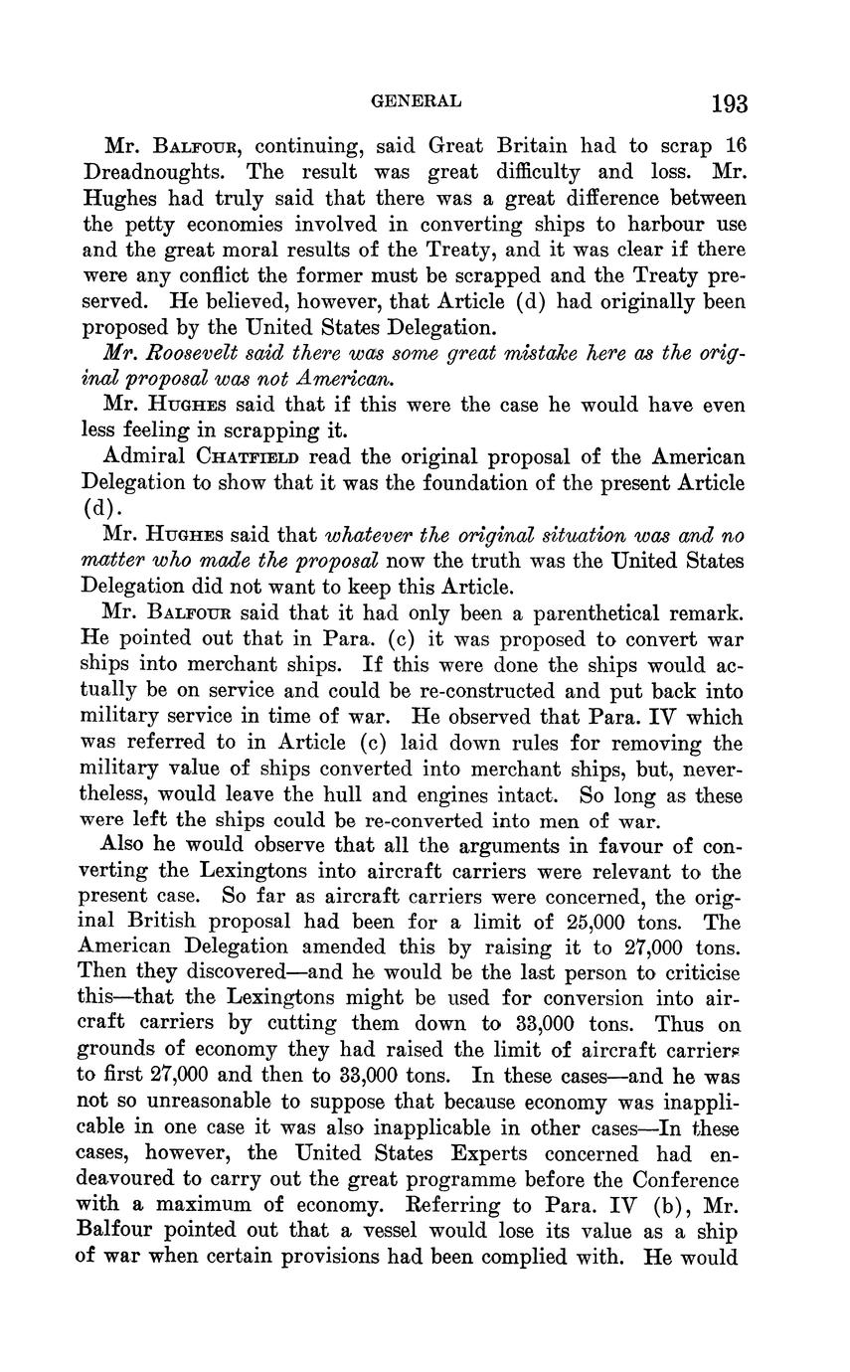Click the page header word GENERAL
click(x=416, y=100)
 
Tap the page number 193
click(x=729, y=103)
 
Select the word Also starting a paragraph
click(x=121, y=845)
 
